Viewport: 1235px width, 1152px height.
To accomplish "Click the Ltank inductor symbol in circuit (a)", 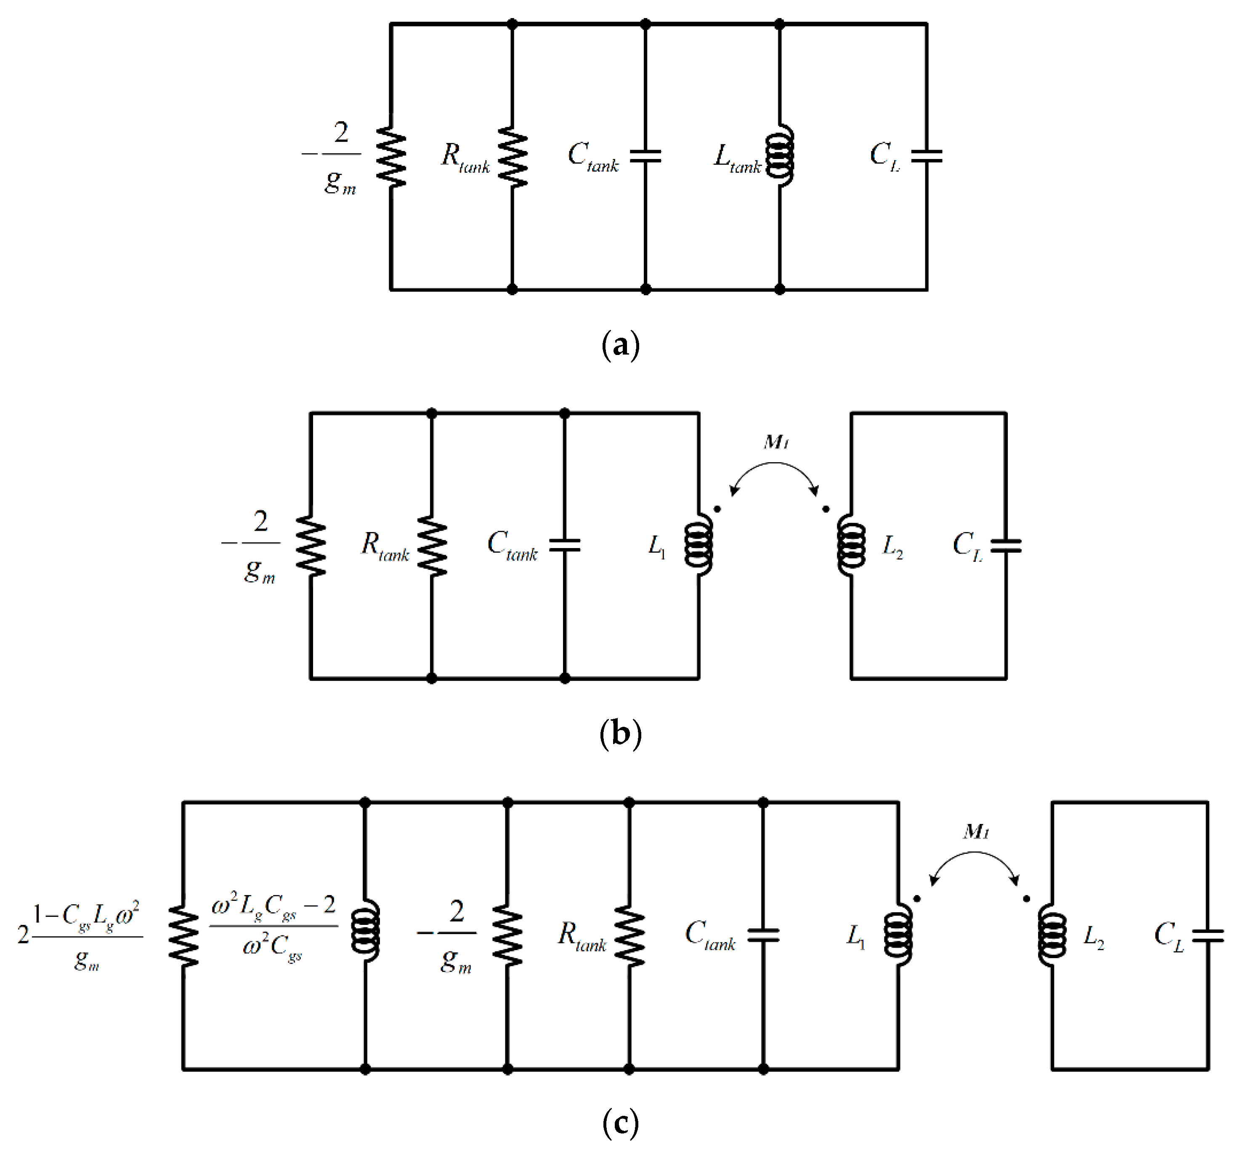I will coord(780,155).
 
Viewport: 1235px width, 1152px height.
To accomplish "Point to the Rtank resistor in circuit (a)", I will coord(513,156).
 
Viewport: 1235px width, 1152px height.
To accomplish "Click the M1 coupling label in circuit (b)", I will coord(776,442).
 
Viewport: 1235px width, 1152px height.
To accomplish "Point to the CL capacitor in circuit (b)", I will coord(1005,545).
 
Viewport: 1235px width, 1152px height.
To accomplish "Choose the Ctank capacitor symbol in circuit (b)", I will coord(565,545).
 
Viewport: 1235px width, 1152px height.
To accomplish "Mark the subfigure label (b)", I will coord(620,734).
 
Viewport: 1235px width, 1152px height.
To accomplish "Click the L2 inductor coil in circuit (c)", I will coord(1052,935).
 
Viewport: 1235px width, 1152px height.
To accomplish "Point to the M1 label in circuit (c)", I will coord(976,832).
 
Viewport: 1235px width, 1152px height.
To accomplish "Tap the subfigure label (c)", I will coord(620,1123).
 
